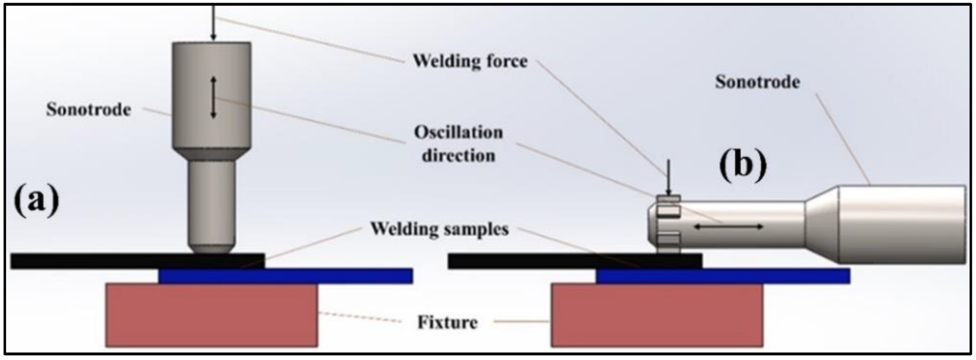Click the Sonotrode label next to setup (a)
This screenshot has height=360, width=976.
pos(89,109)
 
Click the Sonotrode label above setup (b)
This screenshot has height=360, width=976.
pos(757,82)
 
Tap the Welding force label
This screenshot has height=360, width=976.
pos(469,61)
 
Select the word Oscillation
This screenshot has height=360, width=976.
pos(458,132)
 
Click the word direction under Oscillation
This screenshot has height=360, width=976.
pos(458,154)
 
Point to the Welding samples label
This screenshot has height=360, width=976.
pos(439,229)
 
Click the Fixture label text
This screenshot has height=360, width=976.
pos(447,322)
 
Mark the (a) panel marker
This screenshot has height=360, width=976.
pos(36,201)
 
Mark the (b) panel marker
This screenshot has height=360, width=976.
pos(742,166)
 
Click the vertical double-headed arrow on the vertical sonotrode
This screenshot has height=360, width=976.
pos(213,97)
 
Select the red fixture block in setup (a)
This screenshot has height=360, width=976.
pos(211,315)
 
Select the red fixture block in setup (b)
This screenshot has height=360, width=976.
pos(656,315)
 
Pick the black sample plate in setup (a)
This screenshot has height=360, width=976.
pos(102,261)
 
